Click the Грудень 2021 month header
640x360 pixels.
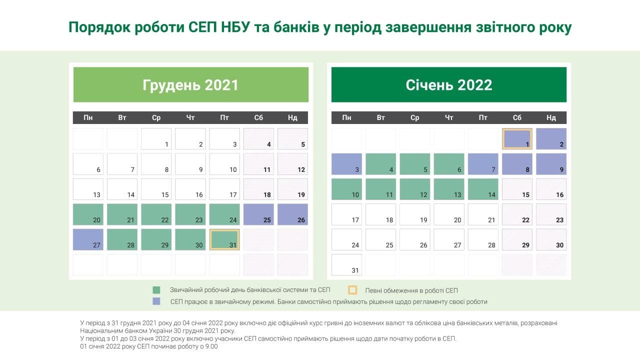(190, 84)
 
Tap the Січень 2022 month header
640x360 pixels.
(449, 84)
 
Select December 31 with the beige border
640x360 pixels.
(224, 239)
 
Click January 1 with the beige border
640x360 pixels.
(517, 138)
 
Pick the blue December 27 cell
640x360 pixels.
(88, 239)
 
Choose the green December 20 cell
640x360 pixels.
(88, 214)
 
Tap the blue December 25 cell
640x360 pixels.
(258, 214)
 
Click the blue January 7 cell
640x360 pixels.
(483, 164)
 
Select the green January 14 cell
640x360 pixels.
(483, 189)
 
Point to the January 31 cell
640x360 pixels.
(346, 264)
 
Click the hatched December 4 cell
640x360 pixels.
(258, 138)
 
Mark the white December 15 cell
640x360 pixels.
(156, 189)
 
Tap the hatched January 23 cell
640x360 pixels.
(551, 214)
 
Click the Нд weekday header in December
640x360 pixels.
(292, 118)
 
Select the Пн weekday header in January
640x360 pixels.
(346, 118)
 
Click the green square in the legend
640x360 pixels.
(156, 290)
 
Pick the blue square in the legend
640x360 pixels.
(156, 301)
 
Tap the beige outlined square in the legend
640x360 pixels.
(352, 290)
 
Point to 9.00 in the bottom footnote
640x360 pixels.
(211, 346)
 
